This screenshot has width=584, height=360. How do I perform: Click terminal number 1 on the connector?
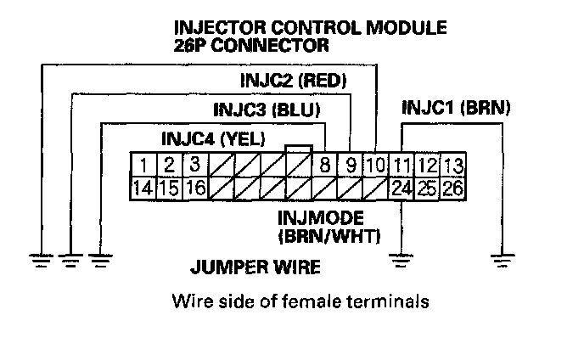tap(145, 165)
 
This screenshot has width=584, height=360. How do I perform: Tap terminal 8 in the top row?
tap(325, 165)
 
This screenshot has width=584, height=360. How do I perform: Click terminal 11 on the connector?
tap(402, 165)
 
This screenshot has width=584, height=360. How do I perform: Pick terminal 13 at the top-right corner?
tap(452, 165)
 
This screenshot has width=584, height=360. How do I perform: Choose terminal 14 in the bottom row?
tap(145, 188)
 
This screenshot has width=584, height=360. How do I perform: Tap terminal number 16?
tap(194, 188)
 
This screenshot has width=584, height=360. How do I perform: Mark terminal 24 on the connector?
tap(402, 188)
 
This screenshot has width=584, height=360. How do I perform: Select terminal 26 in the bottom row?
tap(452, 188)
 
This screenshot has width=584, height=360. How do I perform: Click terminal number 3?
tap(194, 165)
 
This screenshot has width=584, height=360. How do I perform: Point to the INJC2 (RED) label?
tap(294, 82)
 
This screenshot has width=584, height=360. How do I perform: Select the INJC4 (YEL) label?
tap(213, 138)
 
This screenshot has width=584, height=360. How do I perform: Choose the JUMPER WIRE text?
tap(255, 269)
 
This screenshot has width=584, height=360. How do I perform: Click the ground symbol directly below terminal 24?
tap(400, 259)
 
